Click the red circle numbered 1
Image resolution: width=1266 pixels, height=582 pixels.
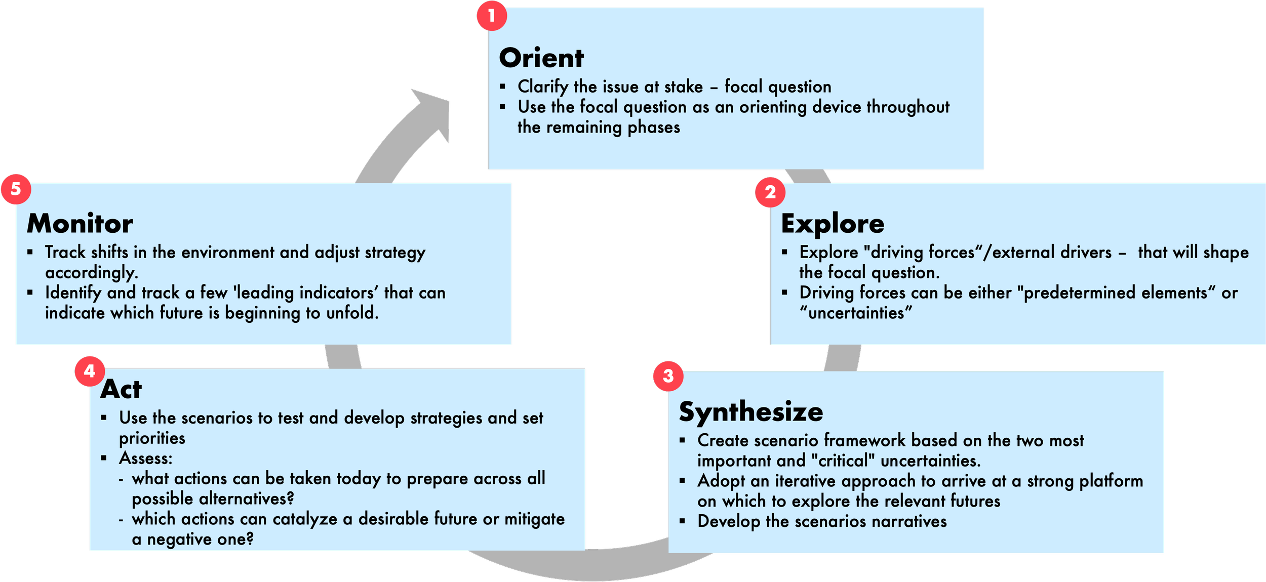491,16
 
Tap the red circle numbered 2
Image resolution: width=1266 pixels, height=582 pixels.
770,192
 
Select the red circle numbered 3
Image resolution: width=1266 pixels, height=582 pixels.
668,376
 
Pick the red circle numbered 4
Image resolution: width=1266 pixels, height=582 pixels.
90,371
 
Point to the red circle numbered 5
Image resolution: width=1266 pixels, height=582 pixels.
16,189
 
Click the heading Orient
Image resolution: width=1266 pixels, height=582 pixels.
541,58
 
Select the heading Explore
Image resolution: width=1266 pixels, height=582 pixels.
833,223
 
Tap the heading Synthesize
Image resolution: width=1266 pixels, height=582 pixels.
750,411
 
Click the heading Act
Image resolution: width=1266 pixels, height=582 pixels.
121,389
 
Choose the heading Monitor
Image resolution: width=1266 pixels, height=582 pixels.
80,223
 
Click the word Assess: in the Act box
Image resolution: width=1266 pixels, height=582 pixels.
146,459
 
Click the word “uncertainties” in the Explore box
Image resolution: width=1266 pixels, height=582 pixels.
856,313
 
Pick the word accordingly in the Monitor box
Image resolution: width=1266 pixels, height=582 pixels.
91,273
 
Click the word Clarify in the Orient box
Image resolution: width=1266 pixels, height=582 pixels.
542,87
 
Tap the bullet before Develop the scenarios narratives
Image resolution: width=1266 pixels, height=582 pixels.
682,521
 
